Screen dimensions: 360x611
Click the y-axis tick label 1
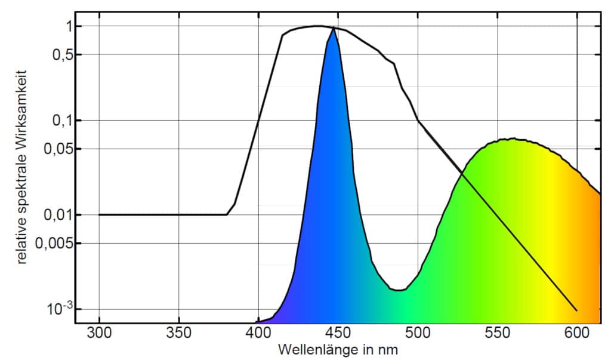click(69, 26)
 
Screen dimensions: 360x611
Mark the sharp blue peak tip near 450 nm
click(333, 28)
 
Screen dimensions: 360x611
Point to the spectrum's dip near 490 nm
click(399, 290)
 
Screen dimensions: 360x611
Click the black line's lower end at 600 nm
click(576, 310)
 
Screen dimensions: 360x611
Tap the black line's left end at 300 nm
click(99, 214)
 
